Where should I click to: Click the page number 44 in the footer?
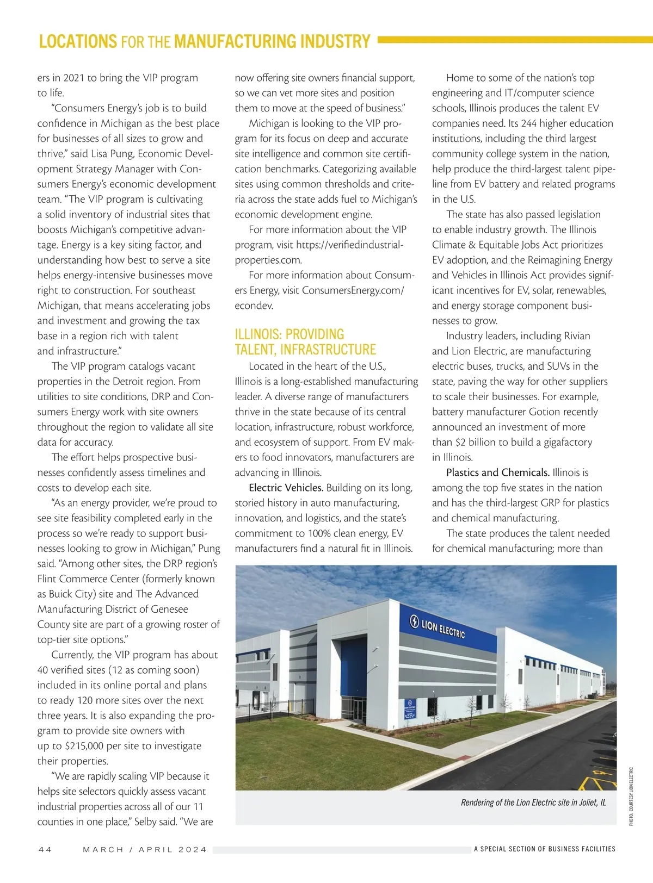pyautogui.click(x=45, y=849)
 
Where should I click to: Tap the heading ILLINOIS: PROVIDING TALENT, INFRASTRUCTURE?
pyautogui.click(x=305, y=342)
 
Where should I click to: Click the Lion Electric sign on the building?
pyautogui.click(x=438, y=627)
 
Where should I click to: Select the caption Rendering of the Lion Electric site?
pyautogui.click(x=533, y=803)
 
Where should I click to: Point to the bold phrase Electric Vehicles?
pyautogui.click(x=286, y=488)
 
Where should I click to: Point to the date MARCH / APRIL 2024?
pyautogui.click(x=145, y=849)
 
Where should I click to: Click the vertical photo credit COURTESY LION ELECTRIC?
pyautogui.click(x=631, y=797)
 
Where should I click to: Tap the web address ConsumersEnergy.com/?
pyautogui.click(x=353, y=290)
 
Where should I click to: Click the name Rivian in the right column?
pyautogui.click(x=577, y=336)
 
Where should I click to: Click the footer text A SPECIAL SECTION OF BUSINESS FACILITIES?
pyautogui.click(x=544, y=849)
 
